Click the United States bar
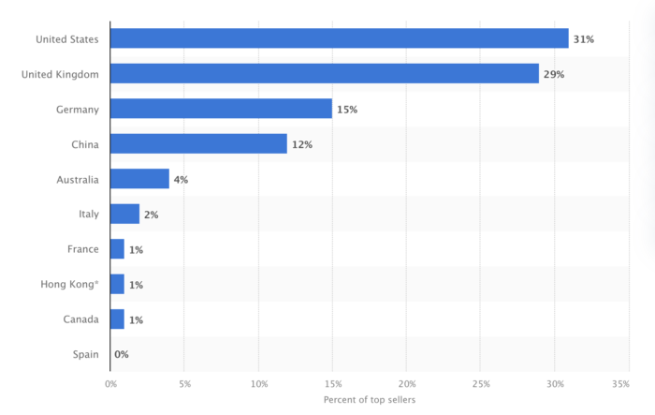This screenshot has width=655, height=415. tap(339, 38)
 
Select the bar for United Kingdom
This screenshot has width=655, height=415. tap(324, 74)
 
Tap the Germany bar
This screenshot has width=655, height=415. tap(221, 109)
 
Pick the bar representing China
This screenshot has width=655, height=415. tap(198, 144)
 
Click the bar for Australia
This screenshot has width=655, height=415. tap(139, 179)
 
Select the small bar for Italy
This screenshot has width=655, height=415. tap(124, 215)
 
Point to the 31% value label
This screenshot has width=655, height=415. tap(584, 38)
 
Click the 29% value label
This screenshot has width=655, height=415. tap(554, 74)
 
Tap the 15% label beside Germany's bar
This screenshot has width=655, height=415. tap(347, 110)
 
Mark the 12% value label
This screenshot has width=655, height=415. tap(302, 144)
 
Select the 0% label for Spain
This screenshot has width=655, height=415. tap(121, 355)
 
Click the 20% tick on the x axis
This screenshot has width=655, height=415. tap(407, 384)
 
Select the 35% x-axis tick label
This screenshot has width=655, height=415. tap(619, 384)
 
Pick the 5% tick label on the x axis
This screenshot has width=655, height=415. tap(184, 384)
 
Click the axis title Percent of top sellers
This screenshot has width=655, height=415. tap(369, 400)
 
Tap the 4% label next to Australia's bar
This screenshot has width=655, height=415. tap(181, 180)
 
